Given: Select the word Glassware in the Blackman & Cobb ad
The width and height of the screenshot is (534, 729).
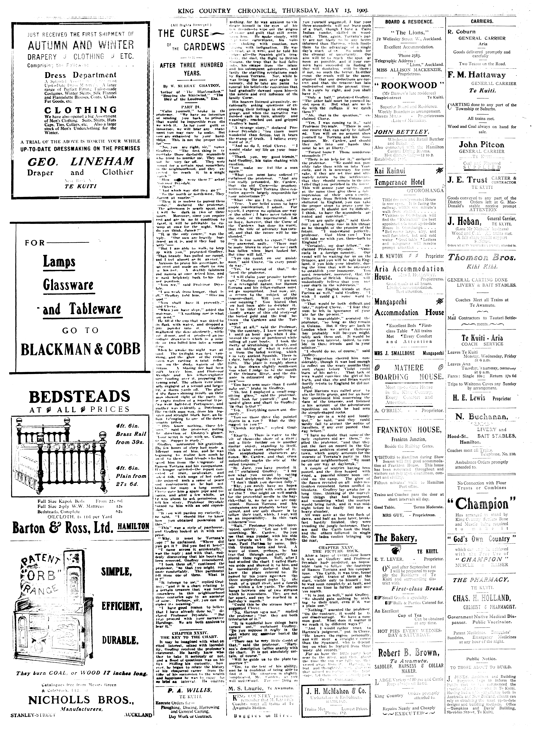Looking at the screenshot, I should [x=68, y=285].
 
